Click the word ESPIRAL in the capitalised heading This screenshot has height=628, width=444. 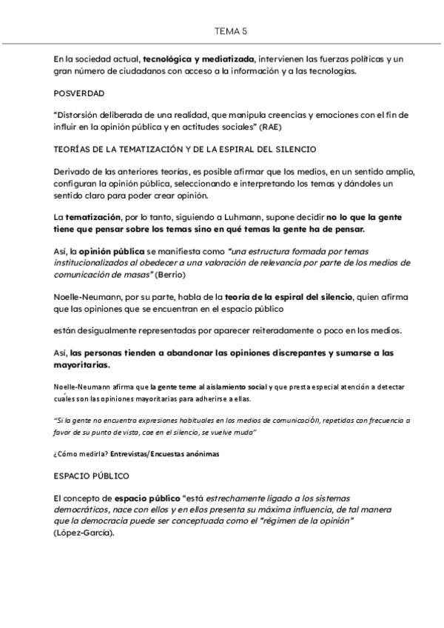tap(248, 150)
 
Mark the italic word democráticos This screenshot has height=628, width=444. tap(81, 510)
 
